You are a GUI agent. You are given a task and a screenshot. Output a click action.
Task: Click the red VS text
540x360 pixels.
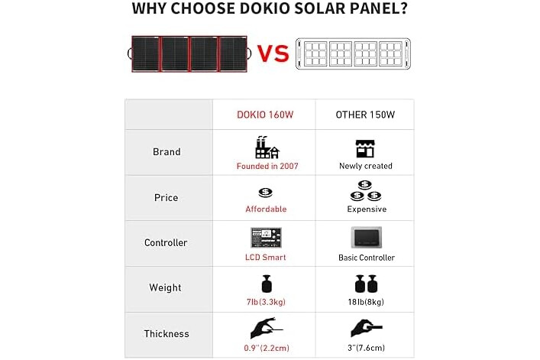click(x=273, y=54)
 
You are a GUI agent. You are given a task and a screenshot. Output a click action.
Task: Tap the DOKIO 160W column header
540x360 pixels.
click(x=265, y=115)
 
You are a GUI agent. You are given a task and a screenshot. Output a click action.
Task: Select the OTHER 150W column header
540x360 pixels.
click(x=365, y=115)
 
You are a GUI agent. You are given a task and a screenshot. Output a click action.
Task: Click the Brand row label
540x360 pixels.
click(x=167, y=152)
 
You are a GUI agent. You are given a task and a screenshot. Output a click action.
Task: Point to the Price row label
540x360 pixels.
click(x=166, y=198)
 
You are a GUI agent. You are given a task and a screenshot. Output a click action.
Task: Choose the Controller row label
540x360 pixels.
click(x=166, y=242)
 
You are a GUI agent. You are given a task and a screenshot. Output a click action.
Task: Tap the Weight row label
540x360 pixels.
click(x=165, y=287)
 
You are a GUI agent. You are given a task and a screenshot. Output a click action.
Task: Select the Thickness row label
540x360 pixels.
click(x=167, y=333)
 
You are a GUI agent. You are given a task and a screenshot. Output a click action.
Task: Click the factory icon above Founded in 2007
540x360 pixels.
click(x=267, y=147)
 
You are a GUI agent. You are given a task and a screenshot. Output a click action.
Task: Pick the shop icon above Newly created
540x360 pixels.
click(x=365, y=148)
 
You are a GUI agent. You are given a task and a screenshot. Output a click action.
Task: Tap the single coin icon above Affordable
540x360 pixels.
click(x=266, y=193)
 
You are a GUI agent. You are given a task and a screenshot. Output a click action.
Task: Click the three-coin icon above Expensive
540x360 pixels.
click(x=365, y=191)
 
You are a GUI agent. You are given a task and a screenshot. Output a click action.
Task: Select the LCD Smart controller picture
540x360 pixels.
click(x=266, y=238)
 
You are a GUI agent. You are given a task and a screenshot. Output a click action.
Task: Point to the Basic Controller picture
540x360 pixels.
click(x=367, y=238)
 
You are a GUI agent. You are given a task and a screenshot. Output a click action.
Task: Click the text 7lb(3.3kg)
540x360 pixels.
click(x=266, y=302)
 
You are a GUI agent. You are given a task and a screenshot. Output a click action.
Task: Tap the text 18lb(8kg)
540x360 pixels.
click(x=366, y=302)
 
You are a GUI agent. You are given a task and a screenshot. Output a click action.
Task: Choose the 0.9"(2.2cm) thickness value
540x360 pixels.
click(x=267, y=348)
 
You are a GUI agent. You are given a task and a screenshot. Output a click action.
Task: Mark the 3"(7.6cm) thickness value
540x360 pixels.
click(x=366, y=348)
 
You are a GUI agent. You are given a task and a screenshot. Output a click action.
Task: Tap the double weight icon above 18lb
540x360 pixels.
click(x=366, y=284)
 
